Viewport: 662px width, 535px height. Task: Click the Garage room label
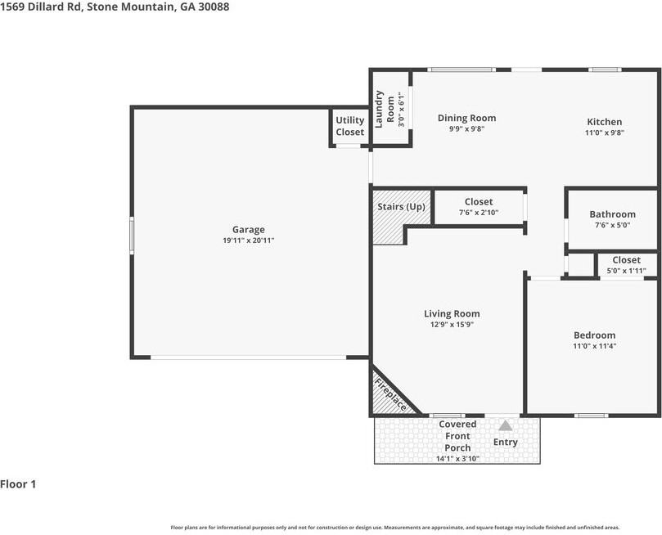(x=248, y=230)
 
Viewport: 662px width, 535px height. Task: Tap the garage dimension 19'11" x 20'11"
(x=248, y=241)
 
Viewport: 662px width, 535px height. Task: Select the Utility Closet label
(x=350, y=126)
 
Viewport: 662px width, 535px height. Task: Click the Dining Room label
(x=466, y=118)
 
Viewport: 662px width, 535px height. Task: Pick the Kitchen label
(x=604, y=122)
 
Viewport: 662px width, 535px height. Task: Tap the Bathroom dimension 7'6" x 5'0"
(x=612, y=227)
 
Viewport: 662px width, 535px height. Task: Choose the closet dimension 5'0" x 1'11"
(x=626, y=271)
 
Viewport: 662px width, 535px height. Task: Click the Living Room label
(x=452, y=313)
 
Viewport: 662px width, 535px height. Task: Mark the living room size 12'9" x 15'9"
(x=452, y=325)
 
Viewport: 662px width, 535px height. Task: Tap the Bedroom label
(x=594, y=335)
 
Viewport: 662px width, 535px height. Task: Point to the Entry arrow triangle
(x=506, y=425)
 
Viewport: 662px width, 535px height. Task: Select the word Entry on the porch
(x=506, y=443)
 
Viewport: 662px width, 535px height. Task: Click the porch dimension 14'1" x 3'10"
(x=457, y=459)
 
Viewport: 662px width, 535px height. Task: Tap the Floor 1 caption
(x=19, y=484)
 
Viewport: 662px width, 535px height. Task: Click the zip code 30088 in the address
(x=212, y=7)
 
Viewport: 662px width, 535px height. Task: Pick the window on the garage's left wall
(x=131, y=235)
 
